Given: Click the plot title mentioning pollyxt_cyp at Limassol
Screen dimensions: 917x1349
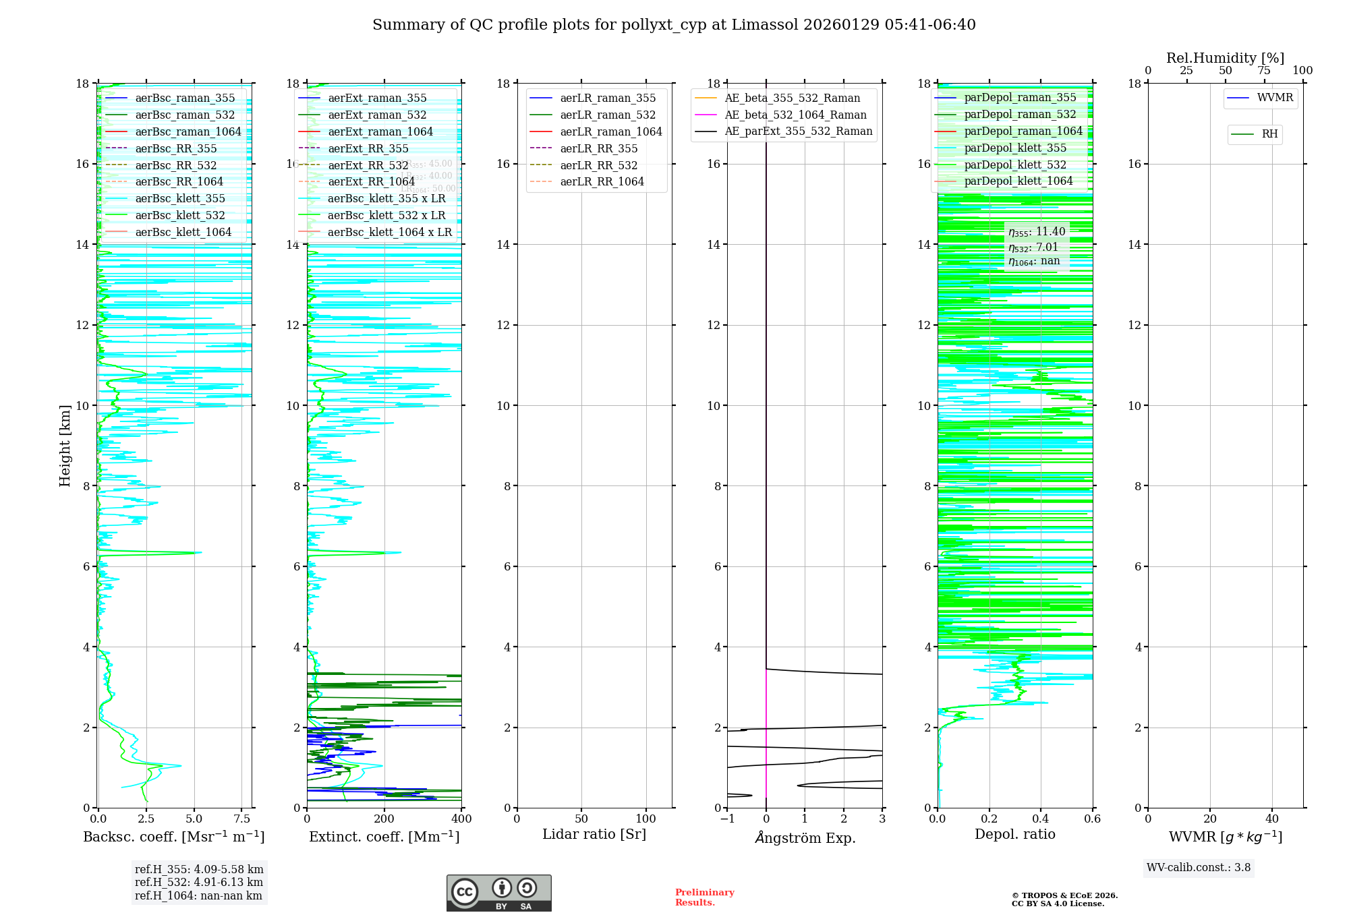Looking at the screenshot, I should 674,25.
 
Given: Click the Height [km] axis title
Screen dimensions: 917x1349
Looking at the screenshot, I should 65,445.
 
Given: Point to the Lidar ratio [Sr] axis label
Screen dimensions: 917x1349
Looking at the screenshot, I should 594,834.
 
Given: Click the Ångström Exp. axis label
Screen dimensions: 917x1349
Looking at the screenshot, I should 805,837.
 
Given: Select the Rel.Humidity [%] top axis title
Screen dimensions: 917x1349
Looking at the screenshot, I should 1225,58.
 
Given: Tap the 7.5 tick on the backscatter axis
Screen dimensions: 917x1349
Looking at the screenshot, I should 241,819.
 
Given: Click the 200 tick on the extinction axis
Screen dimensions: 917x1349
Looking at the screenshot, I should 384,819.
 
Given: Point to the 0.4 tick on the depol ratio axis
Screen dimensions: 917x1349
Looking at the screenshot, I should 1041,819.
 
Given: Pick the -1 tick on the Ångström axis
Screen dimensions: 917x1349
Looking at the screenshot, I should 727,819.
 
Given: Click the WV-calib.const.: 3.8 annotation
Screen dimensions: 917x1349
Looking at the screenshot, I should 1199,868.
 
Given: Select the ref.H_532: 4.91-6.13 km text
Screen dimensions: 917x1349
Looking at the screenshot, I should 199,882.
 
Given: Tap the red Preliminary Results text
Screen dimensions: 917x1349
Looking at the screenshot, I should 704,897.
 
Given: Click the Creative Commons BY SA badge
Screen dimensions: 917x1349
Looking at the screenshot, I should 499,893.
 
